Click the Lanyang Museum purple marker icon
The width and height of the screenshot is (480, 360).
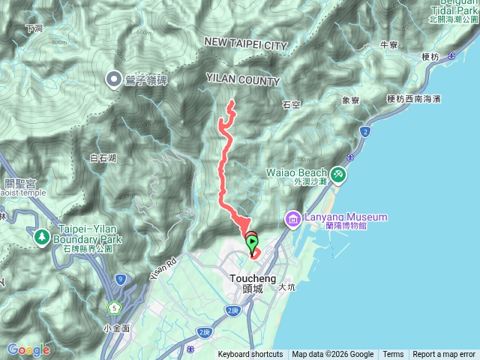[x=292, y=219]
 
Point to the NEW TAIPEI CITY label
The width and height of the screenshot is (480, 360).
[x=246, y=46]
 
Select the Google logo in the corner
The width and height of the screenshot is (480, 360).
[x=28, y=349]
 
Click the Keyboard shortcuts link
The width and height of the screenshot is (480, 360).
[x=250, y=355]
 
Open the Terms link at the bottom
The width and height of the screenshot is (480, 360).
[x=393, y=355]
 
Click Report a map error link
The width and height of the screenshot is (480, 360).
[x=444, y=355]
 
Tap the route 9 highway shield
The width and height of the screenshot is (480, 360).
[x=121, y=280]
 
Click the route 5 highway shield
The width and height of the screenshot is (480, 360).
[x=113, y=307]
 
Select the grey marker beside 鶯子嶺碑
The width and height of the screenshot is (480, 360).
[x=114, y=76]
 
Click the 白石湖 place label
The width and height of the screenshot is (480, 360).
[x=103, y=158]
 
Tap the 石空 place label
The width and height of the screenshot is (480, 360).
[x=292, y=105]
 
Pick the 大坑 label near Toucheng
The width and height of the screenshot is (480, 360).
[x=286, y=286]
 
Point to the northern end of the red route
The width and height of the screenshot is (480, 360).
[x=231, y=102]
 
